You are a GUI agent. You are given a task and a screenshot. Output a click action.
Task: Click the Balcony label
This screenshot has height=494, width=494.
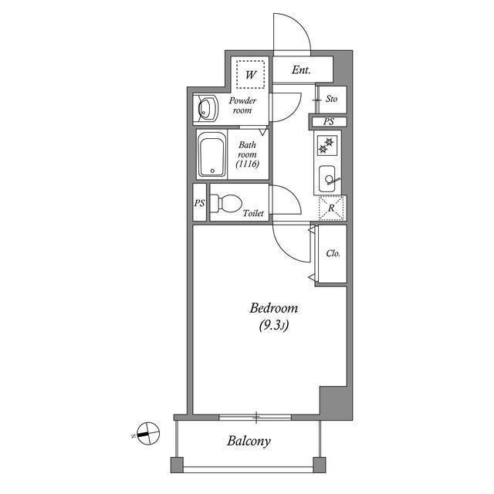[x=249, y=442]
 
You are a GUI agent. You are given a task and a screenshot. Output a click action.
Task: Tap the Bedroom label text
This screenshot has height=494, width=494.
[x=272, y=309]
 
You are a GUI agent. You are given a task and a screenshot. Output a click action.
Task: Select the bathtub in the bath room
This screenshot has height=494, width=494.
[x=211, y=155]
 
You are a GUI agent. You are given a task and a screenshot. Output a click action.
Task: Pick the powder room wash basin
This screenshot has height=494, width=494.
[x=206, y=110]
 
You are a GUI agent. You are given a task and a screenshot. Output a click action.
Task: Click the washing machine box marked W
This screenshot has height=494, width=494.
[x=250, y=74]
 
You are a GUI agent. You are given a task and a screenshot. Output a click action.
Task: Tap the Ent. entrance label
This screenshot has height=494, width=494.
[x=301, y=70]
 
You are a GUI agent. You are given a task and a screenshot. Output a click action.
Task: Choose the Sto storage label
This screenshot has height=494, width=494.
[x=331, y=99]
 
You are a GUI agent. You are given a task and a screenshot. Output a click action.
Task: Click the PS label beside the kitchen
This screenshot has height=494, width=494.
[x=329, y=122]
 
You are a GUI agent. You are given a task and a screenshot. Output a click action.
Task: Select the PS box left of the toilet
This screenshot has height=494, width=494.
[x=199, y=203]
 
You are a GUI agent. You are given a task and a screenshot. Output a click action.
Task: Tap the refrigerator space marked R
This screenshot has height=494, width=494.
[x=332, y=208]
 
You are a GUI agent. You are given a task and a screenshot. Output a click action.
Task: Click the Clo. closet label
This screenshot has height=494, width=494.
[x=333, y=253]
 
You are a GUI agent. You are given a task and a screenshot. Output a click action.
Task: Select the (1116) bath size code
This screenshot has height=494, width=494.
[x=247, y=164]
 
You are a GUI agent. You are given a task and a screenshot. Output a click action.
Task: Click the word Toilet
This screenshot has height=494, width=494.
[x=253, y=212]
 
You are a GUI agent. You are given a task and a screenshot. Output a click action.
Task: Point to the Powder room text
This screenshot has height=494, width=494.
[x=243, y=105]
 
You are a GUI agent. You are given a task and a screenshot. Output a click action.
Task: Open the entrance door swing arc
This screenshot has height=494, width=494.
[x=293, y=35]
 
